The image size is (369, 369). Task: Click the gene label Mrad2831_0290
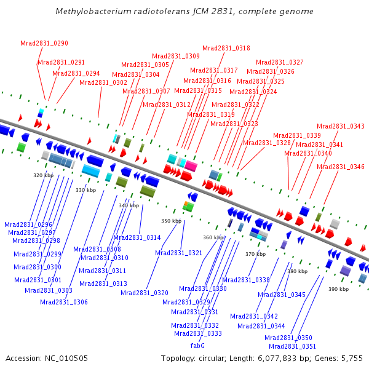44,44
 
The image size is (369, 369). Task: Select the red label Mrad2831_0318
226,49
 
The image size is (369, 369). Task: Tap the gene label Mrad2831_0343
341,127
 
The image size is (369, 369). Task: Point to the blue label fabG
197,346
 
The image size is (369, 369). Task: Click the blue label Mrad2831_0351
293,347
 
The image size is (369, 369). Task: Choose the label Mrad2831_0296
28,225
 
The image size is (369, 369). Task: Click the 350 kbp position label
171,221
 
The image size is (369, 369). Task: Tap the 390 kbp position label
338,289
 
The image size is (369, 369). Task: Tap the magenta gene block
191,166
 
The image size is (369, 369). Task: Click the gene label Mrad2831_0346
341,167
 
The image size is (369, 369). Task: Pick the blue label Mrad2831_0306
64,302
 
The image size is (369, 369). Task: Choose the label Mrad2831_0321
179,253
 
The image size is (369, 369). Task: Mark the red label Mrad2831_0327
280,63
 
